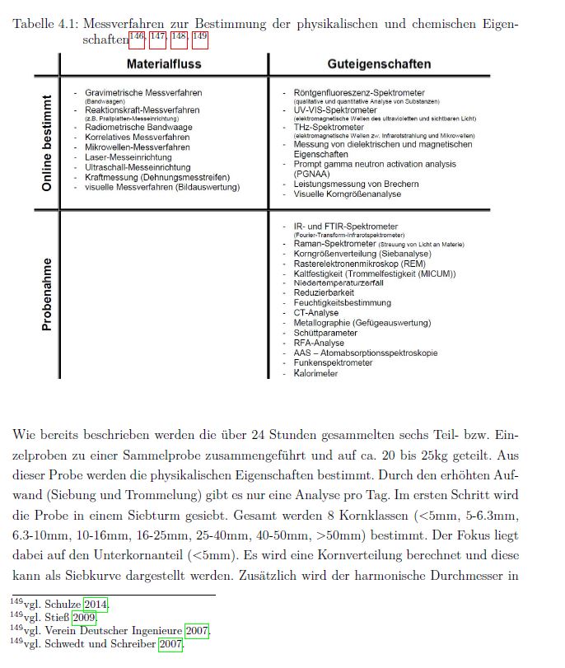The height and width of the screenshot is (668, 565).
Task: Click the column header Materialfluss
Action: pos(164,63)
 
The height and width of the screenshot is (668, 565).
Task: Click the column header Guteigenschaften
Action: pos(379,63)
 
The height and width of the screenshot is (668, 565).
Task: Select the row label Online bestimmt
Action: pos(47,143)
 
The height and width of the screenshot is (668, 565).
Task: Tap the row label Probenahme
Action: pos(47,295)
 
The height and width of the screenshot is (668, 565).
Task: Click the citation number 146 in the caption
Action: pos(137,37)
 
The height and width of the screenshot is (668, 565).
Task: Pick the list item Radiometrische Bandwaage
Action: pos(138,128)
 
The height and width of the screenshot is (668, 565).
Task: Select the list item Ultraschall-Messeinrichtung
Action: pos(138,167)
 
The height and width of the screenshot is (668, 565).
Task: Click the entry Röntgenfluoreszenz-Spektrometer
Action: pos(359,93)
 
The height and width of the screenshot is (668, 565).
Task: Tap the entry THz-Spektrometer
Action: pos(329,128)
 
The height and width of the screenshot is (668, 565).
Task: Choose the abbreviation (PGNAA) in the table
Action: pos(312,174)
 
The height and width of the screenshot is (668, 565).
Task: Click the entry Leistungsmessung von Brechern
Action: pos(356,184)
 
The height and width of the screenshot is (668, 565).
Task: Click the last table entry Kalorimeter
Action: pos(315,373)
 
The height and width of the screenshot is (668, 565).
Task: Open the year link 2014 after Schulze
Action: pos(96,604)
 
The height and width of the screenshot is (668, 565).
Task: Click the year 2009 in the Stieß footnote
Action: pos(84,617)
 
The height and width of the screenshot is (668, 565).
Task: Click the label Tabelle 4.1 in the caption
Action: pos(45,24)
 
